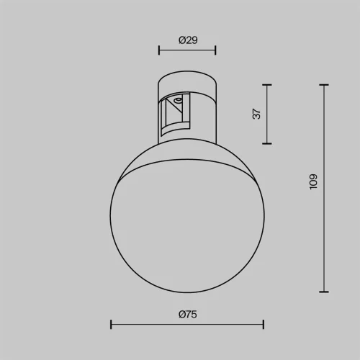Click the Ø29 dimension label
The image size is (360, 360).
tap(187, 40)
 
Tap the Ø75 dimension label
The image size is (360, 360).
tap(187, 314)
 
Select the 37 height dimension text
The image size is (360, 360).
tap(256, 114)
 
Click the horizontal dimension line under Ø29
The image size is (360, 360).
tap(187, 50)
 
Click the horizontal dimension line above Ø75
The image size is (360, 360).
tap(187, 325)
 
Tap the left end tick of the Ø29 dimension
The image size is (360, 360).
tap(159, 50)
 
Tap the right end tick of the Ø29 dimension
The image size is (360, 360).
tap(215, 50)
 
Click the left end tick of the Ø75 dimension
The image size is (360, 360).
tap(111, 325)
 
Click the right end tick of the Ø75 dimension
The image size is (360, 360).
tap(264, 325)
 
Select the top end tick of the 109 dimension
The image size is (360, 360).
tap(323, 85)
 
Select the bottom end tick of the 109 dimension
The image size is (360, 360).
tap(323, 292)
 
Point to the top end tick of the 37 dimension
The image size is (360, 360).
tap(268, 85)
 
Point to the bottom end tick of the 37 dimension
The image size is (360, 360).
tap(268, 143)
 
